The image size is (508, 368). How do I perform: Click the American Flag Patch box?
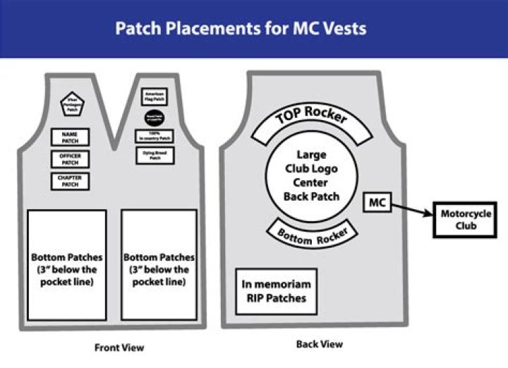click(x=155, y=97)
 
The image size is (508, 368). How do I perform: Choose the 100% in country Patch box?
click(x=155, y=136)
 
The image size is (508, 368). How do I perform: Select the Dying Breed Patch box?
click(x=155, y=156)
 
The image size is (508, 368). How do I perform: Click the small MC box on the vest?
click(x=375, y=203)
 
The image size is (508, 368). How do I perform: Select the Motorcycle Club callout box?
click(x=459, y=220)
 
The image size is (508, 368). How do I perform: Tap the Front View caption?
click(x=119, y=348)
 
